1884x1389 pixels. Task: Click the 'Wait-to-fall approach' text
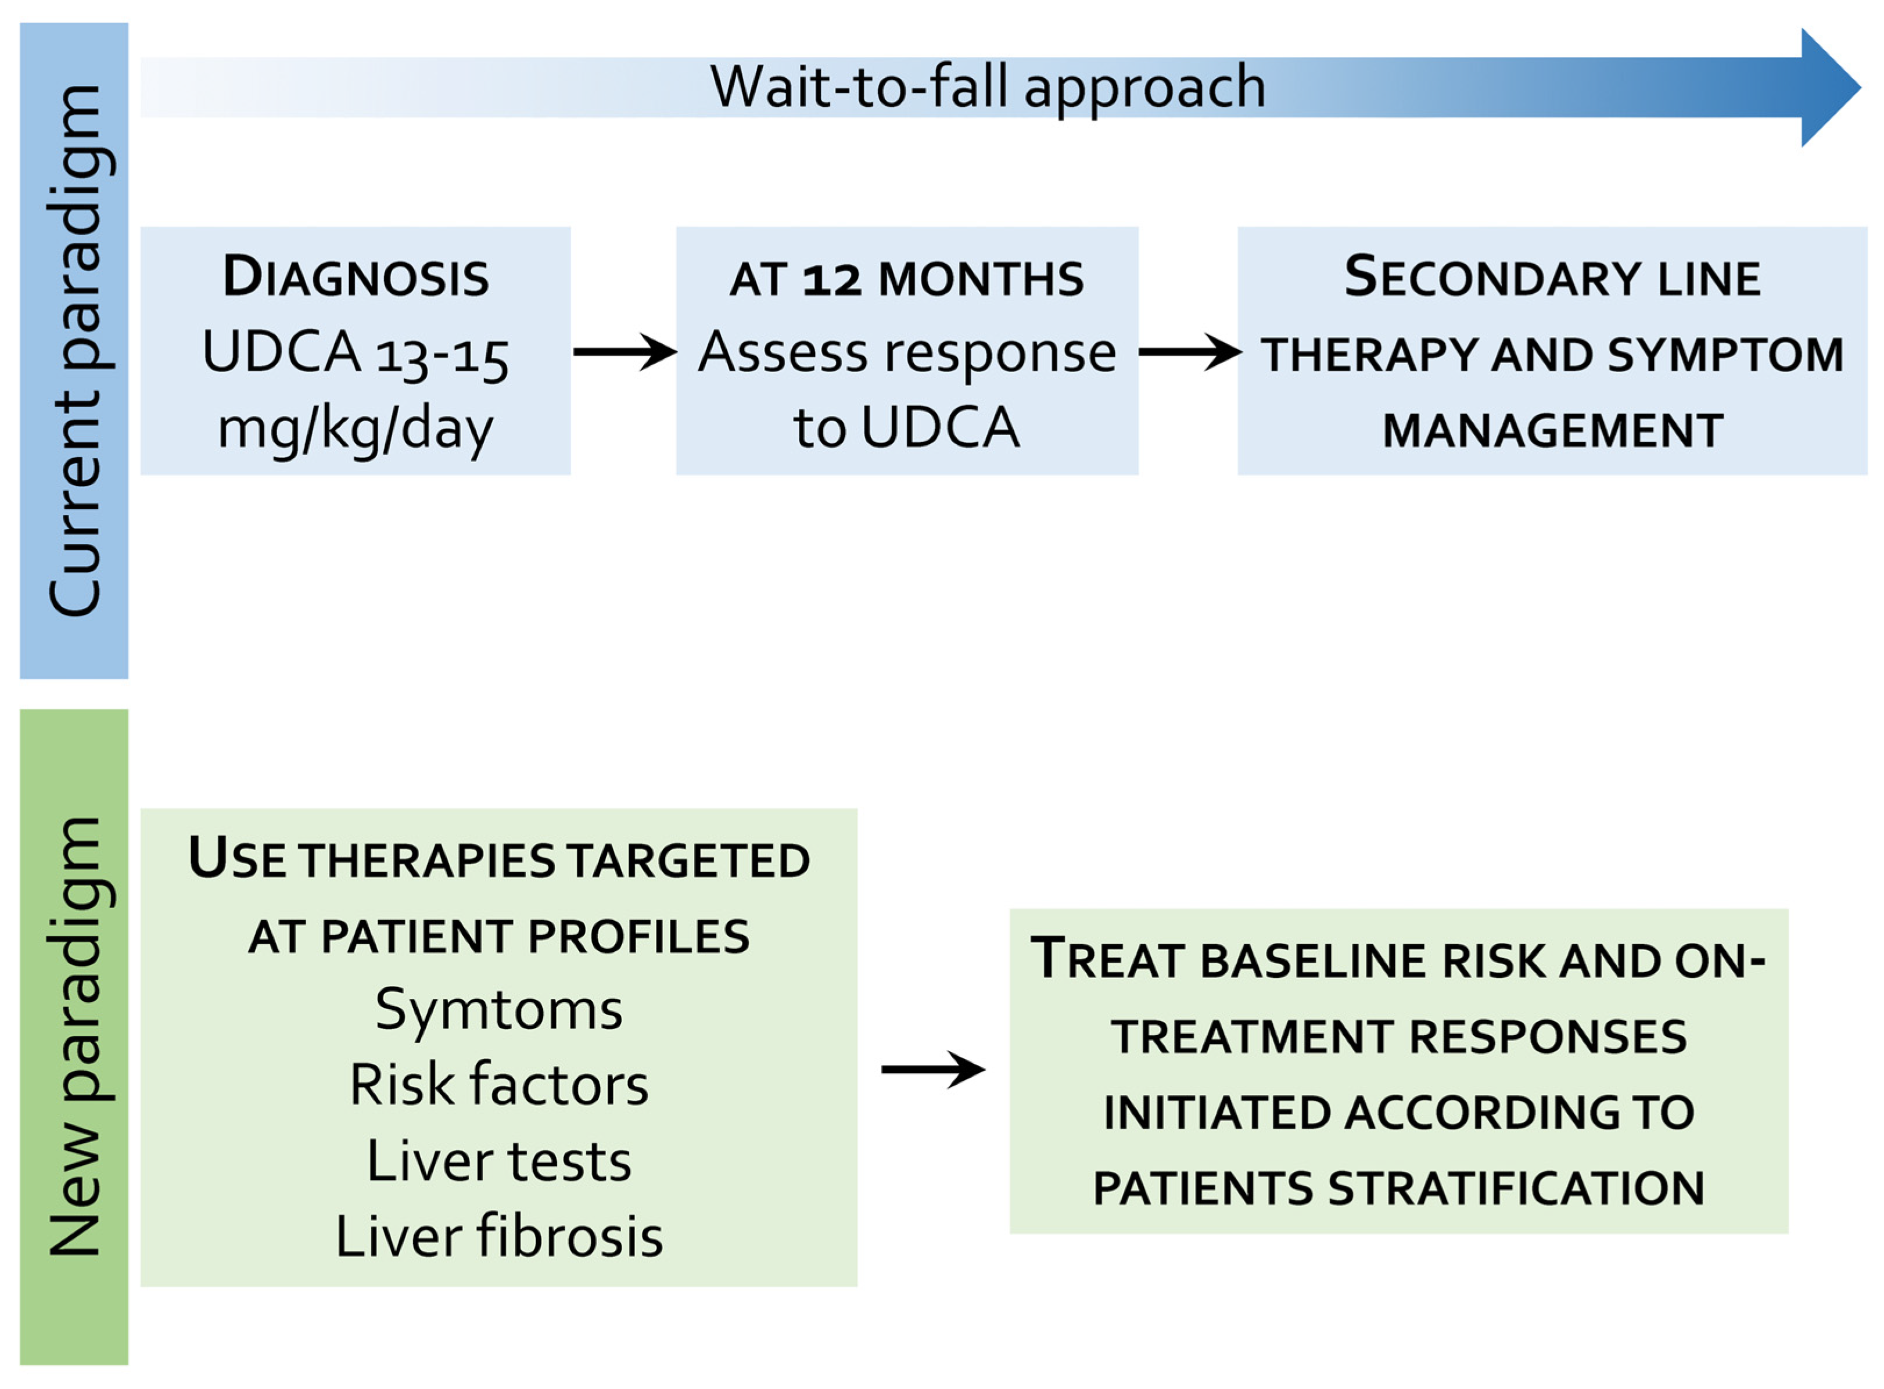pyautogui.click(x=988, y=88)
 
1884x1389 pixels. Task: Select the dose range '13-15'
pyautogui.click(x=442, y=355)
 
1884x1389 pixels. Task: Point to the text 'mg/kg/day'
pyautogui.click(x=355, y=429)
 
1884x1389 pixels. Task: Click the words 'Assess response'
pyautogui.click(x=907, y=352)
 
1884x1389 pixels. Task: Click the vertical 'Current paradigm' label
pyautogui.click(x=76, y=351)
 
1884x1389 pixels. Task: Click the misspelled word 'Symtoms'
pyautogui.click(x=499, y=1010)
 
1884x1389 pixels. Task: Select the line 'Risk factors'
pyautogui.click(x=499, y=1085)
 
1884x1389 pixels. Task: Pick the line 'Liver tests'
pyautogui.click(x=499, y=1161)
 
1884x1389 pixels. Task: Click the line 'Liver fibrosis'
pyautogui.click(x=499, y=1237)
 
